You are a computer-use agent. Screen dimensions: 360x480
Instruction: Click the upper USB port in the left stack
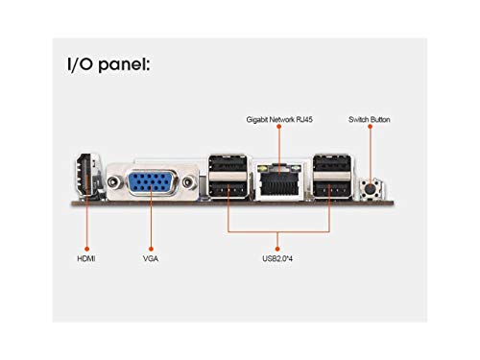(228, 165)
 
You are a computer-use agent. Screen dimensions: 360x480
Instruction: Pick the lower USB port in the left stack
(228, 190)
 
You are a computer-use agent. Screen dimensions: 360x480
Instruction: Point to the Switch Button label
(371, 120)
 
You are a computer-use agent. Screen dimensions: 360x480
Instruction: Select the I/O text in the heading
(83, 65)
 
